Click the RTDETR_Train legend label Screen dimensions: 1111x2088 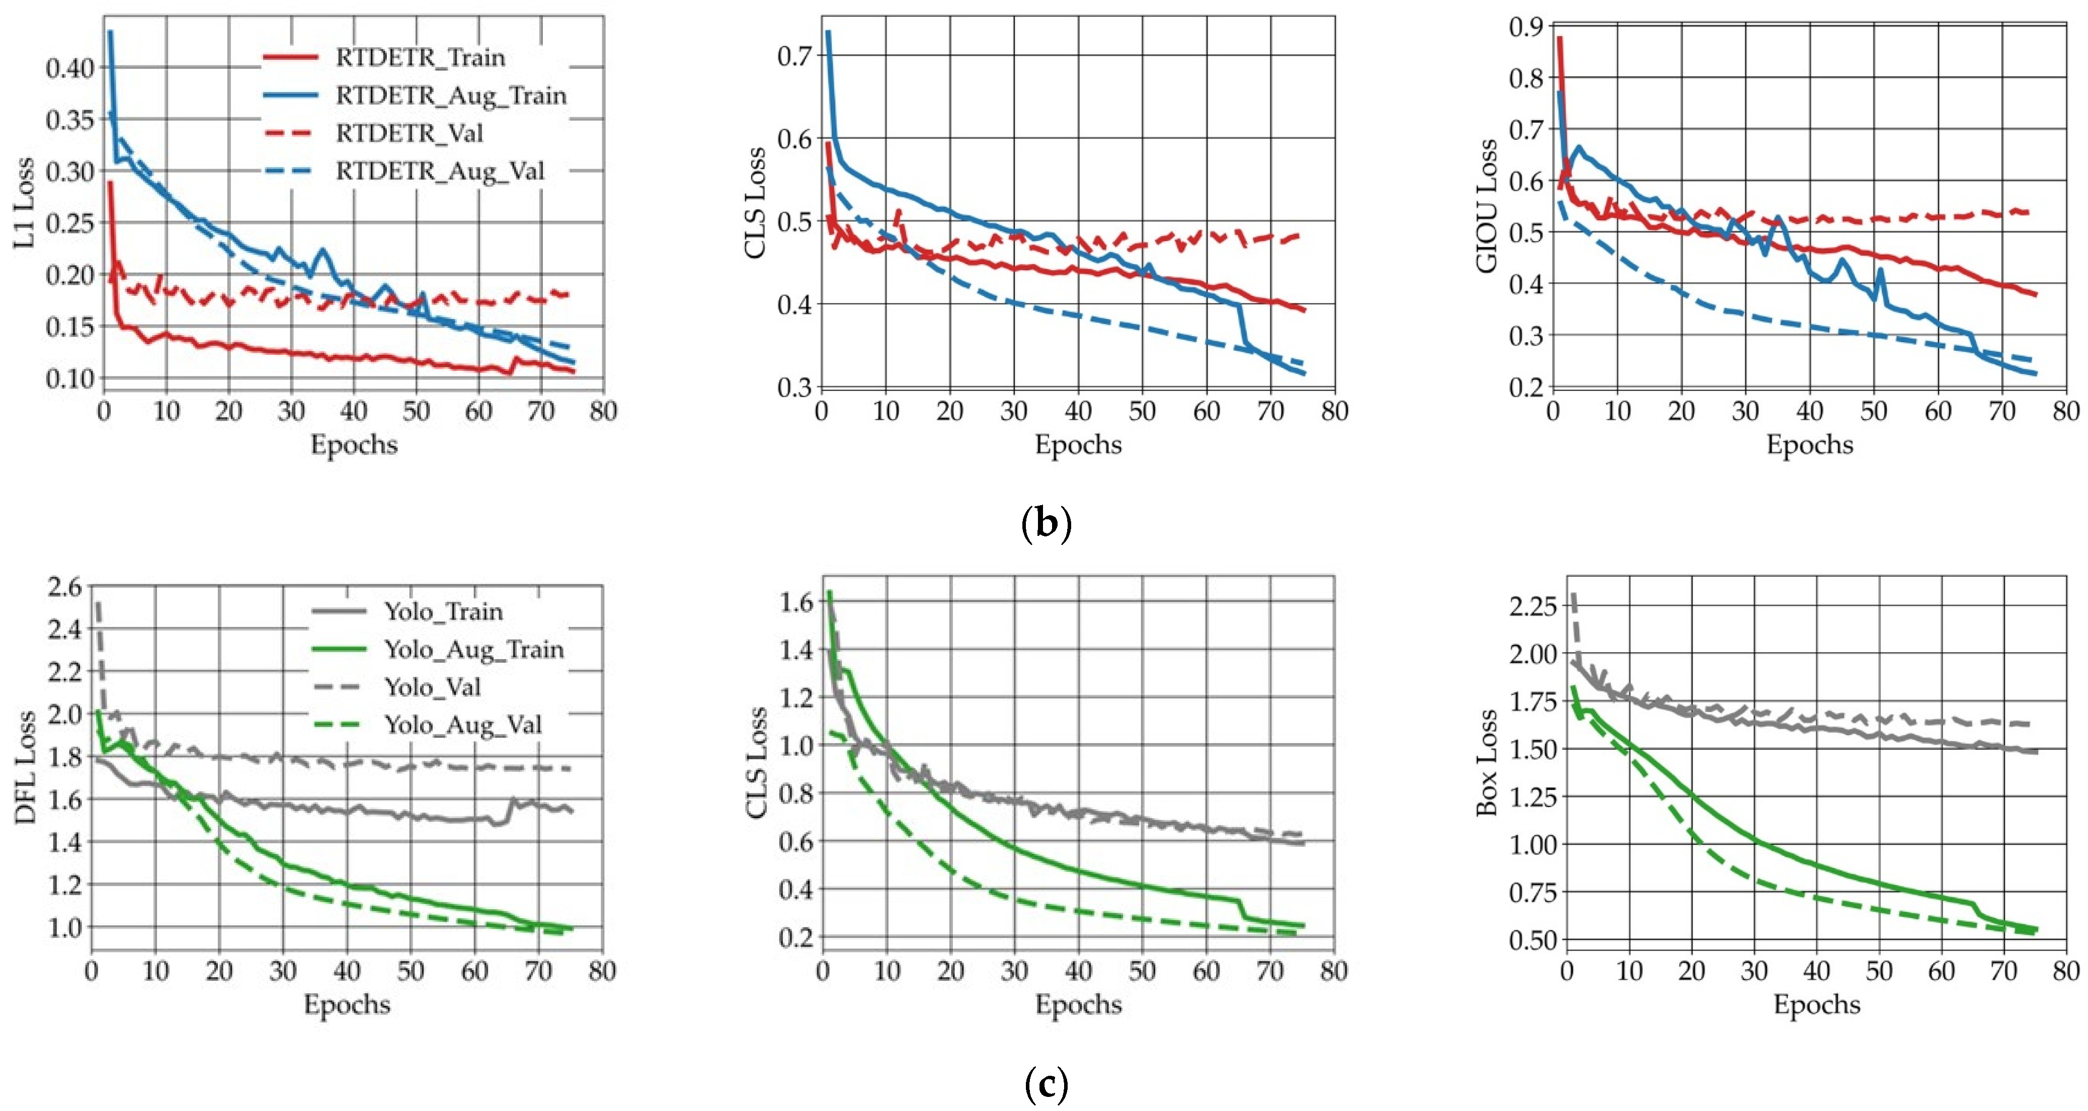pyautogui.click(x=420, y=57)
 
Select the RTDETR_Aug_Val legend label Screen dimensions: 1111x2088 pyautogui.click(x=440, y=171)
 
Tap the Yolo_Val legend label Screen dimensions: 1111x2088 pyautogui.click(x=432, y=687)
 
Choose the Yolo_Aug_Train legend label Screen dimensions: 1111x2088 pyautogui.click(x=473, y=649)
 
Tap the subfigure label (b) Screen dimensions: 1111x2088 pyautogui.click(x=1046, y=523)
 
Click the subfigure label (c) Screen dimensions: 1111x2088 pyautogui.click(x=1046, y=1083)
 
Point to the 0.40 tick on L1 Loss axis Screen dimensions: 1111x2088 pyautogui.click(x=70, y=68)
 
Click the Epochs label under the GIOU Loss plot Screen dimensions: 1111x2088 pyautogui.click(x=1809, y=444)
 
